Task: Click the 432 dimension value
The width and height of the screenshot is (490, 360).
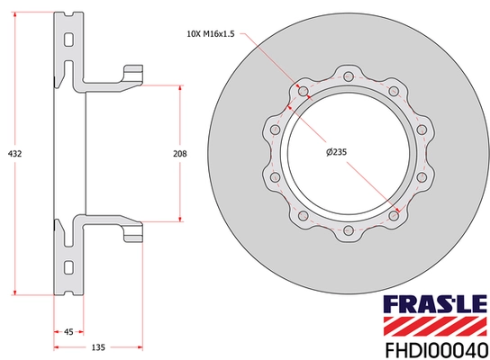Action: [14, 154]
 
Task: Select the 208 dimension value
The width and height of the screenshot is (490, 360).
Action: [179, 154]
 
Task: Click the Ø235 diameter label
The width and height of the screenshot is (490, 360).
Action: [336, 153]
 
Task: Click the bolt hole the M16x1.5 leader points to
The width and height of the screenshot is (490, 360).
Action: [301, 91]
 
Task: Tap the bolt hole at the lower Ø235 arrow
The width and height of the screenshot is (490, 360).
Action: [395, 216]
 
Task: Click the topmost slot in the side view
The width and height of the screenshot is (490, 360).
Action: [69, 38]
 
